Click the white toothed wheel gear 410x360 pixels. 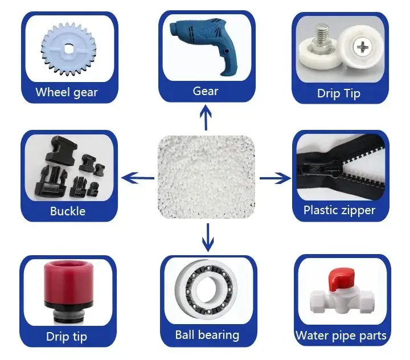click(x=68, y=49)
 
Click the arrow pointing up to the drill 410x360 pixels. click(x=206, y=118)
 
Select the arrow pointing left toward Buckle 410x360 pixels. click(x=138, y=178)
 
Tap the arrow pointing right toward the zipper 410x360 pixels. click(x=275, y=178)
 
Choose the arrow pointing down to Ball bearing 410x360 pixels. click(x=208, y=238)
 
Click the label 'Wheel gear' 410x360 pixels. click(x=67, y=92)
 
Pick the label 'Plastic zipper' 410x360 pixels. click(x=339, y=210)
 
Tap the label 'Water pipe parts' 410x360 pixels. click(x=341, y=336)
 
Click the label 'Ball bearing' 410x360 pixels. click(x=207, y=335)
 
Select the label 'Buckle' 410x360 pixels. click(x=68, y=211)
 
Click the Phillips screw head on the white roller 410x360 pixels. click(x=362, y=48)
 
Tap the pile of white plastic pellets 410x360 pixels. click(x=207, y=177)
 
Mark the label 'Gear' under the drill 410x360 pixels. click(x=205, y=91)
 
